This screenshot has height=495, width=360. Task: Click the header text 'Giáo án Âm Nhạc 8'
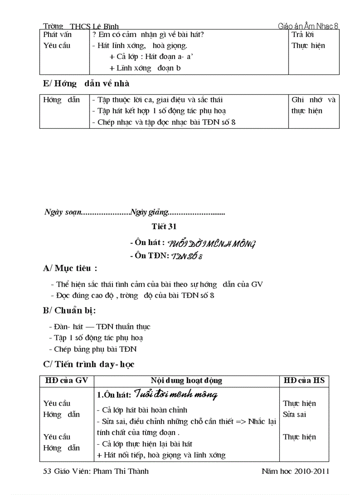[308, 26]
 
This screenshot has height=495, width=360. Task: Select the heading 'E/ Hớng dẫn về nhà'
[86, 83]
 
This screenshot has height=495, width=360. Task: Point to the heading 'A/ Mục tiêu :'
[70, 268]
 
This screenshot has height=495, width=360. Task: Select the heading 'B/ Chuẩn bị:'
[69, 310]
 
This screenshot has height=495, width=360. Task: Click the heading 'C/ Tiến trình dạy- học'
[89, 364]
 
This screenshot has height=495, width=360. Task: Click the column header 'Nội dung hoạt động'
[186, 380]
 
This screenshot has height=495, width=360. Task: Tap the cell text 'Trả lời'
[303, 34]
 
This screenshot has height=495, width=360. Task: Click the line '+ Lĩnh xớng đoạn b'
[145, 68]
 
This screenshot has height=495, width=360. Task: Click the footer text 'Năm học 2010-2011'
[295, 471]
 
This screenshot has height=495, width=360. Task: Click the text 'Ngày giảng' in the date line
[149, 212]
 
